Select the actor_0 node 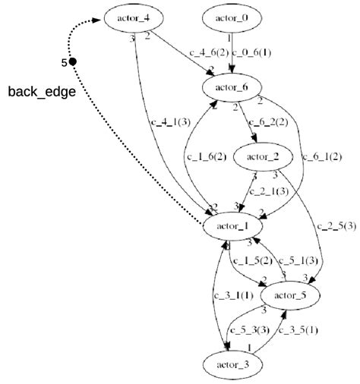[230, 16]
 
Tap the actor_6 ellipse [231, 87]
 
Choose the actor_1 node [232, 225]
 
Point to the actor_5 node [289, 294]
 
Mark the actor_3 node [232, 364]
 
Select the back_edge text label [41, 92]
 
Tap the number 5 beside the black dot [64, 61]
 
